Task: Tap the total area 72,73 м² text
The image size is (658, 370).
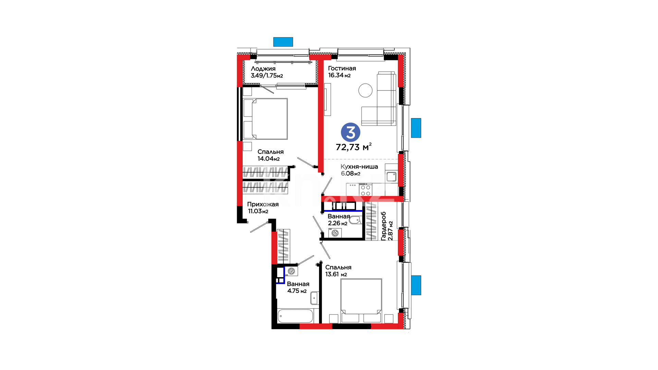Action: (354, 147)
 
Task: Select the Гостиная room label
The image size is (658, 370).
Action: (342, 69)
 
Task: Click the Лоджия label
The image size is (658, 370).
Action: (263, 69)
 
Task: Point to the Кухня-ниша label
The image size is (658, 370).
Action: (359, 167)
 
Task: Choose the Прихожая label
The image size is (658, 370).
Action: (263, 204)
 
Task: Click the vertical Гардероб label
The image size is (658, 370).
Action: (383, 226)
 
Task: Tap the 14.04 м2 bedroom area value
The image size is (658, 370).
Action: (269, 159)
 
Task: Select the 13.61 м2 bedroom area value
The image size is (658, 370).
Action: (336, 274)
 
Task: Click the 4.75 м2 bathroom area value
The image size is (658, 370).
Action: (297, 291)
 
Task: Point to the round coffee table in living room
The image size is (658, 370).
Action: (365, 90)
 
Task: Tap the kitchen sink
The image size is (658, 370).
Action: (391, 177)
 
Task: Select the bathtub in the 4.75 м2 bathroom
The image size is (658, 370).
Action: (295, 316)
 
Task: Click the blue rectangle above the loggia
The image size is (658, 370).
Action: (283, 42)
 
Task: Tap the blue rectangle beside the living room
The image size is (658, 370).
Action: (416, 128)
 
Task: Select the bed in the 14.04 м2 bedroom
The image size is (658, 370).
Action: (265, 119)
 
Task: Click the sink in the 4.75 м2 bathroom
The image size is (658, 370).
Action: (315, 298)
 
